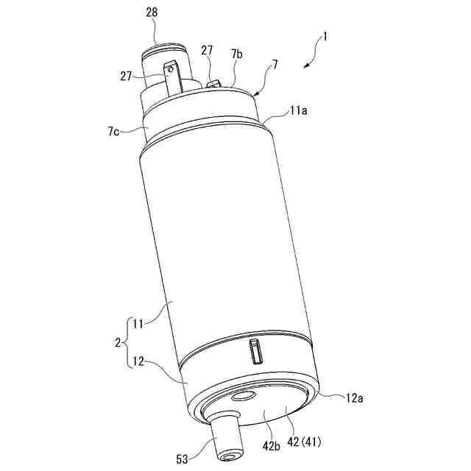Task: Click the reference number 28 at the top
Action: point(152,13)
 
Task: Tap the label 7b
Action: point(237,54)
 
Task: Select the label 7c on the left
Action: point(114,132)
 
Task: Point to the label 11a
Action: point(298,111)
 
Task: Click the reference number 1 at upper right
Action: point(325,37)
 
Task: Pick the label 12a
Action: point(355,398)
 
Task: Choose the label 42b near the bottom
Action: point(271,447)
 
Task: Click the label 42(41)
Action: point(304,442)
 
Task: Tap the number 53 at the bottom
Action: point(182,459)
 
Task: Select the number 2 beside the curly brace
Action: point(118,343)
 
